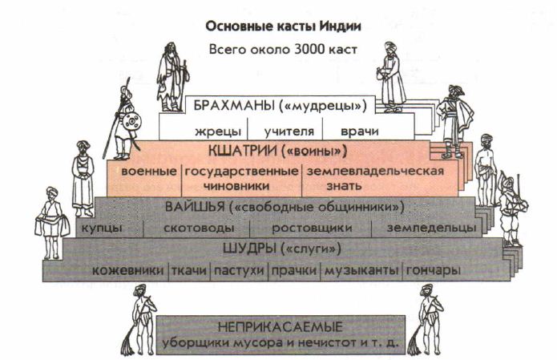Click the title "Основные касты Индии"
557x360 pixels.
283,26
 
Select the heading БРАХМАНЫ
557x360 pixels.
235,106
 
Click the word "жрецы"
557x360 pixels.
218,131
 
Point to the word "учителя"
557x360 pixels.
289,131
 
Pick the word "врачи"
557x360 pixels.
360,131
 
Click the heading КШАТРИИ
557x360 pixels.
242,151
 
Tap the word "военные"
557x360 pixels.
149,172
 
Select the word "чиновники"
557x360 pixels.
236,186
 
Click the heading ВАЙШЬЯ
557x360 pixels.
195,207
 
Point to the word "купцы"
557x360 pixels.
102,229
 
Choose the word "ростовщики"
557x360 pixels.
312,229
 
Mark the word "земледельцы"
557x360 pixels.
431,228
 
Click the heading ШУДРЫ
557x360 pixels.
249,248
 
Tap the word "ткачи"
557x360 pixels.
189,271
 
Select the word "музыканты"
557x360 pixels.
361,271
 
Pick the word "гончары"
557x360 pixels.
433,271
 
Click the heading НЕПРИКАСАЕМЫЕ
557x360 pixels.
280,326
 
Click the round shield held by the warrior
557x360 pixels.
131,122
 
